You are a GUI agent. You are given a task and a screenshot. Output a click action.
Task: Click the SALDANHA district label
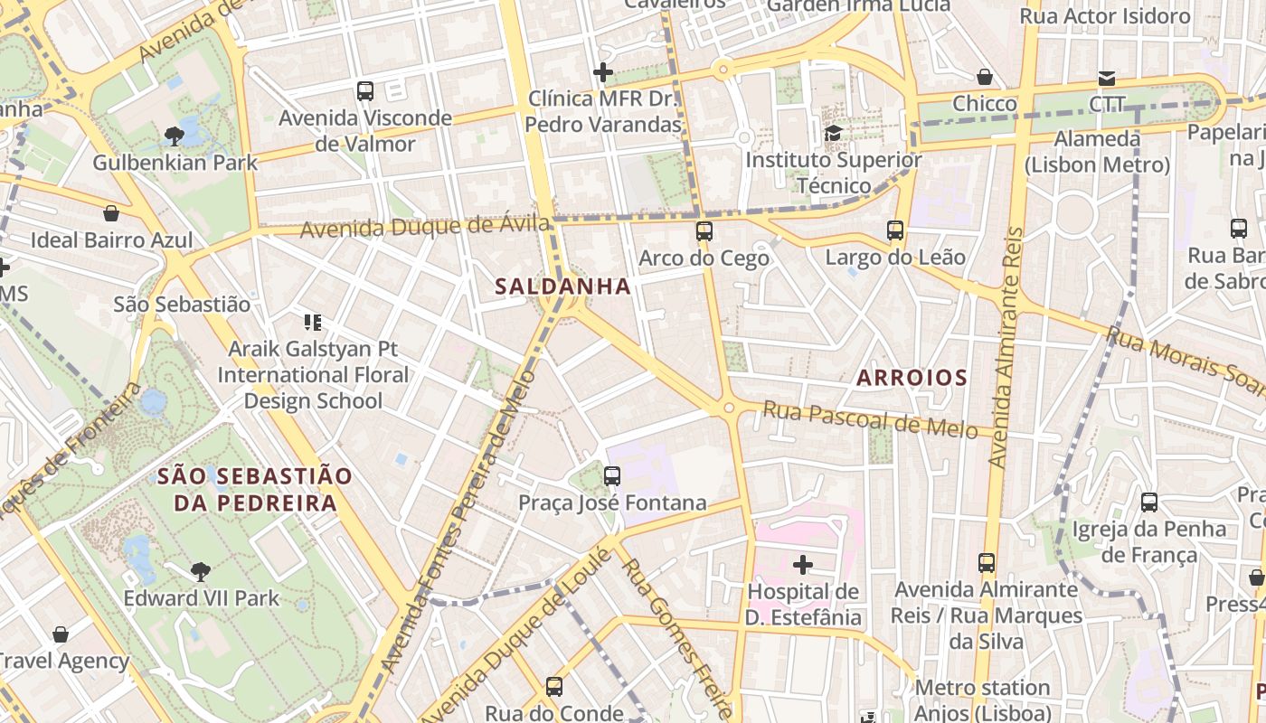click(562, 286)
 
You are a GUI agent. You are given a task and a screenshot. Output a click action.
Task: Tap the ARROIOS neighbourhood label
click(912, 378)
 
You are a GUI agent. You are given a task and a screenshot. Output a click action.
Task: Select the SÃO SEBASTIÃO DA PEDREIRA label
click(255, 489)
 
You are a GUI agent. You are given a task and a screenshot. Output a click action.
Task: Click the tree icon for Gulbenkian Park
click(175, 136)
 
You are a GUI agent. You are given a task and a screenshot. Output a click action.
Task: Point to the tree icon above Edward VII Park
click(201, 571)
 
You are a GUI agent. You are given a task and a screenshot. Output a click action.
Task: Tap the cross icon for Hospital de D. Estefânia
click(802, 566)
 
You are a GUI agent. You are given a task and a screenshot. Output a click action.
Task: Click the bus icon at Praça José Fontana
click(612, 475)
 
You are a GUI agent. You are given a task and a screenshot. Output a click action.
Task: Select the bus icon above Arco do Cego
click(704, 231)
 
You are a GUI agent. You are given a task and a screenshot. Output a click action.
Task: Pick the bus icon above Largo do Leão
click(895, 230)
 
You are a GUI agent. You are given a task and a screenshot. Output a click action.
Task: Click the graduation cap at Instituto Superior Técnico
click(833, 134)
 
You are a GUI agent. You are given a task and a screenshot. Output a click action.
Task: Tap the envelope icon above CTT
click(1107, 78)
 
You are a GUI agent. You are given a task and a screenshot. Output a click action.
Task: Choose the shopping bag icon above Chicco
click(985, 78)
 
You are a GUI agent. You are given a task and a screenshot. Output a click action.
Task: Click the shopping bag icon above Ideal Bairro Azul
click(111, 214)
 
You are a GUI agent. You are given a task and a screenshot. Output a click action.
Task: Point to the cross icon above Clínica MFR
click(603, 72)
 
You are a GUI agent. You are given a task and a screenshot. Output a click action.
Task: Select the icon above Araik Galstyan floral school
click(313, 323)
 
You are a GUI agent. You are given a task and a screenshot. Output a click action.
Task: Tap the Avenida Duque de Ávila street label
click(424, 226)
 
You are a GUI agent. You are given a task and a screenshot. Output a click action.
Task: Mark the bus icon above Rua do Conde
click(554, 687)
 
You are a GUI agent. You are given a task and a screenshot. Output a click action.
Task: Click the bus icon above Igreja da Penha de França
click(1148, 502)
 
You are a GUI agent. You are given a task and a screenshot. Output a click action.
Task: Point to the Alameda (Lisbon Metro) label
click(1097, 152)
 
